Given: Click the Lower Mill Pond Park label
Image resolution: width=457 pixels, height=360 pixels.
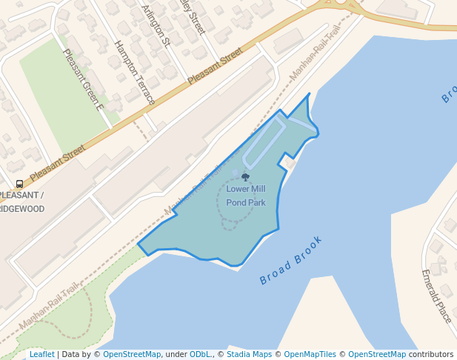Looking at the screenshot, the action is tap(246, 196).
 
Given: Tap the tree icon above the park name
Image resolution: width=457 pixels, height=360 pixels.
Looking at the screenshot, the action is tap(246, 177).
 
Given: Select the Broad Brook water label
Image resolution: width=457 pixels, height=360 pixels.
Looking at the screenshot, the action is tap(291, 261).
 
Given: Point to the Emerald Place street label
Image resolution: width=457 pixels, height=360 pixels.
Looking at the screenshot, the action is tap(436, 296).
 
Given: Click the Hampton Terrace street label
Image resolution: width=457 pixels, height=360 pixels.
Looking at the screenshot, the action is tap(135, 72).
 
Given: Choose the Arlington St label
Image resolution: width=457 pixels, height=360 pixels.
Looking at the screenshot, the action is tap(156, 24).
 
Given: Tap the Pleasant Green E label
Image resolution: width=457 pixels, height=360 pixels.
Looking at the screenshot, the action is tap(83, 79).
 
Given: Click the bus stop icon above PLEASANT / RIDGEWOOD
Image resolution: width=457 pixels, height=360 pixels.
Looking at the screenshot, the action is tap(19, 184).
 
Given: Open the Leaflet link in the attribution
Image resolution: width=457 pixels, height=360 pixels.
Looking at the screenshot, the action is tap(41, 355).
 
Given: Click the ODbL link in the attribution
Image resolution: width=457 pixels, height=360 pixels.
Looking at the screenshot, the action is tap(200, 355).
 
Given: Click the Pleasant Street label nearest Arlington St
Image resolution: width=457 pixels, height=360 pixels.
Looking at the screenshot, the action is tap(215, 65).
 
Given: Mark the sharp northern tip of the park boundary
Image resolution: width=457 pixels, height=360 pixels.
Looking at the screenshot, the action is tap(309, 94).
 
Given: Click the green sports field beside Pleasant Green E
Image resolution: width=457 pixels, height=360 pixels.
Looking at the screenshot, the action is tap(59, 96).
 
